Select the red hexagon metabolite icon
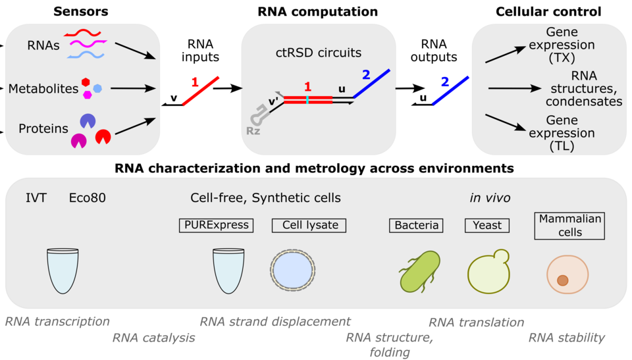86,82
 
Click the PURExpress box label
215,225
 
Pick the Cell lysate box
309,225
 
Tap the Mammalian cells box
568,225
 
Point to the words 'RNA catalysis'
154,338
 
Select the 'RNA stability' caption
566,338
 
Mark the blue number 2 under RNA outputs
444,82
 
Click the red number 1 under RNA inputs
195,83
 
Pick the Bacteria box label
417,225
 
